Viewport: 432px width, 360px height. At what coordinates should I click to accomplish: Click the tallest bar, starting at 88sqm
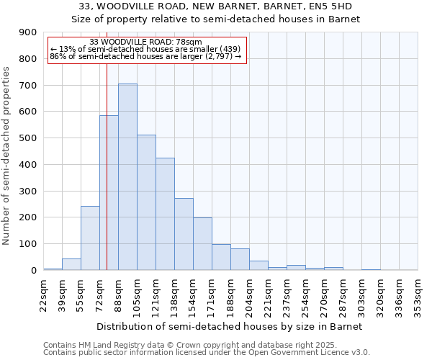tap(127, 177)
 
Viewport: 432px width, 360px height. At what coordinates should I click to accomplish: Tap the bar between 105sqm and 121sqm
tap(146, 202)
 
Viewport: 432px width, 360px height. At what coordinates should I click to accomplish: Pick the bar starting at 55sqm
tap(90, 238)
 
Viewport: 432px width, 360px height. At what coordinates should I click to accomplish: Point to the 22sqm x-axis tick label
tap(44, 294)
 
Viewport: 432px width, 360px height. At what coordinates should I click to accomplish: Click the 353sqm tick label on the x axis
tap(418, 294)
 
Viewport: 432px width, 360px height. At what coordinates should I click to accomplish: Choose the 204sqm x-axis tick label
tap(250, 294)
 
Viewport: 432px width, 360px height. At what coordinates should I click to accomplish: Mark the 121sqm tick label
tap(156, 294)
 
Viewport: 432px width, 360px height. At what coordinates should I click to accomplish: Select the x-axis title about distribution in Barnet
tap(230, 326)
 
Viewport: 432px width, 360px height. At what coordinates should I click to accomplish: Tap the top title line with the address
tap(216, 6)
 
